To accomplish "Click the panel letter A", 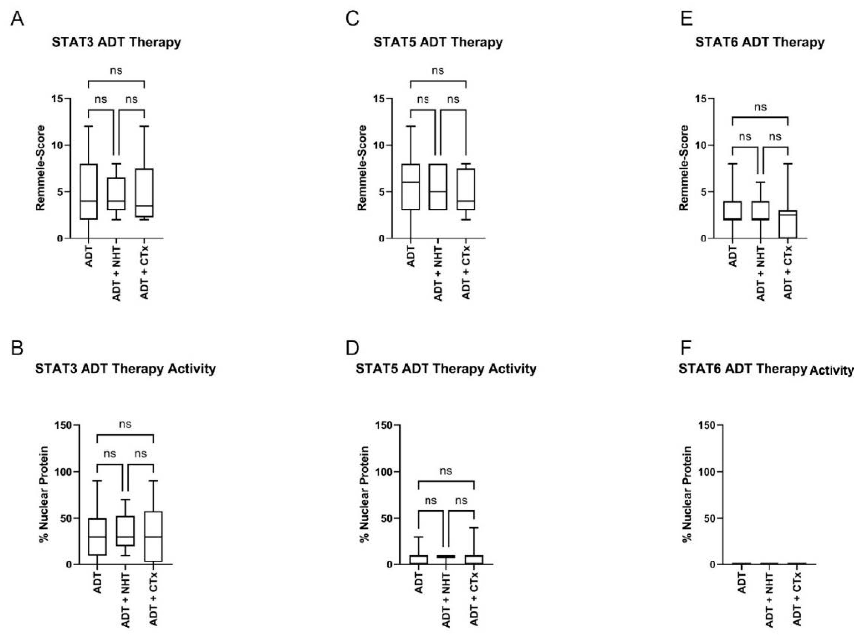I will (17, 19).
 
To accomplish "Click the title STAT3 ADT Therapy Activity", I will (125, 369).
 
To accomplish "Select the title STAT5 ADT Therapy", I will (438, 42).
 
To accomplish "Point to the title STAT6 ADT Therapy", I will (760, 42).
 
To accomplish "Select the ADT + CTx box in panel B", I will (153, 536).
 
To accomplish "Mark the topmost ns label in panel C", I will (438, 70).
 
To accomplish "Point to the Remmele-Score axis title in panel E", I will (684, 168).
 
